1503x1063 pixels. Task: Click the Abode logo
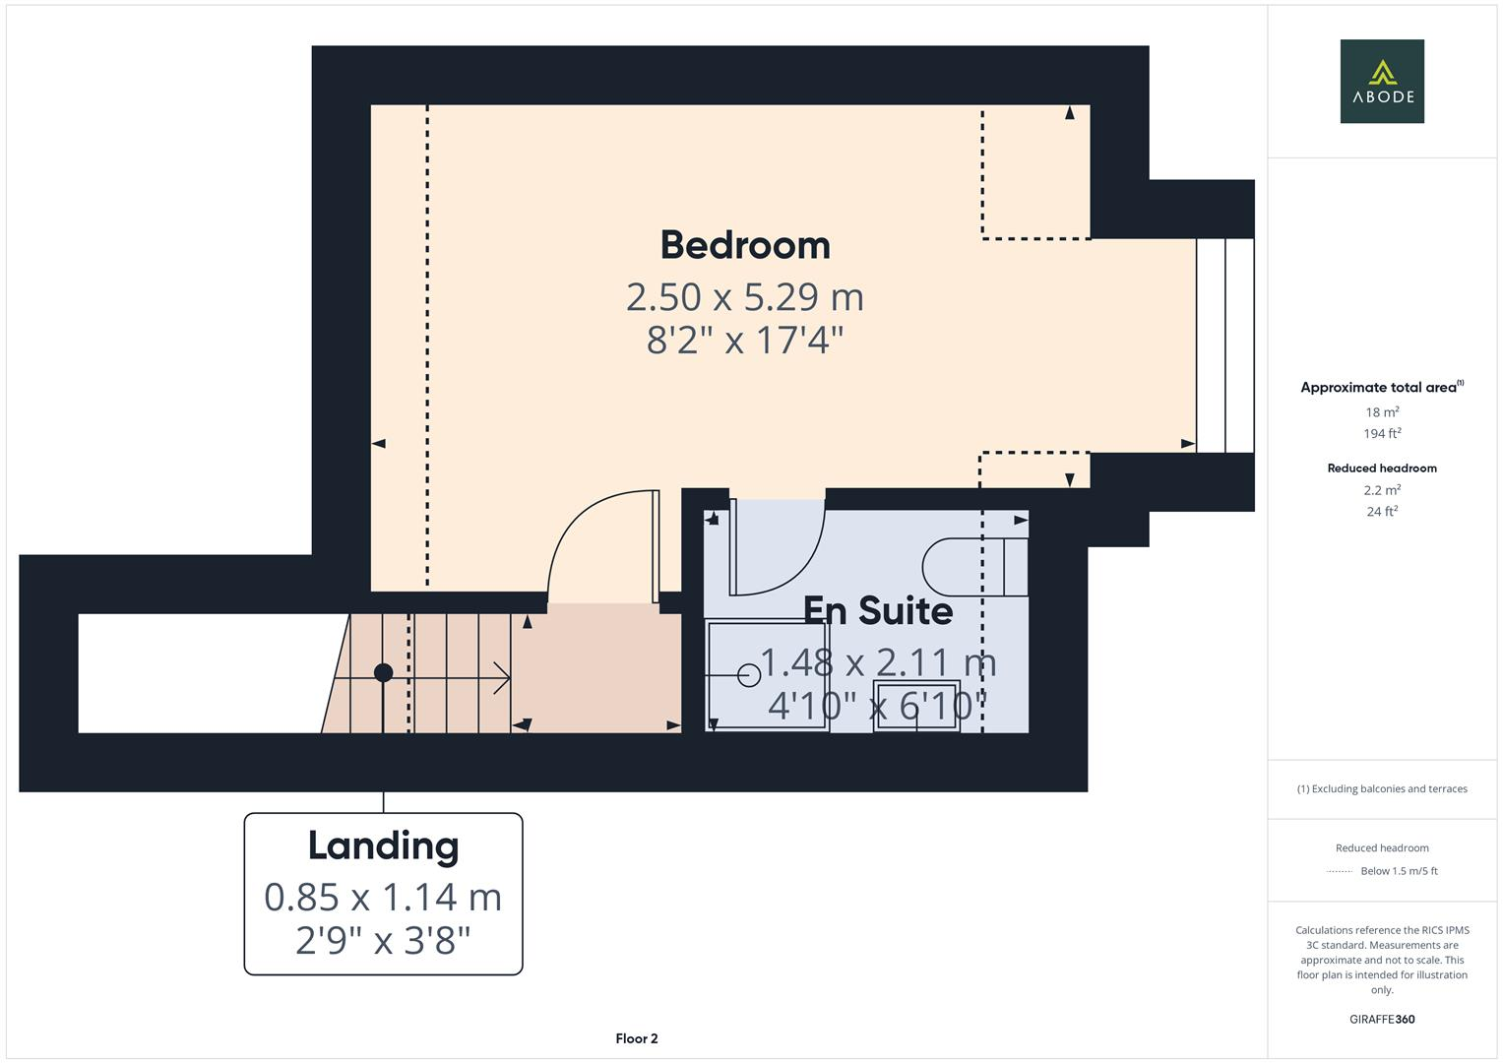pos(1381,81)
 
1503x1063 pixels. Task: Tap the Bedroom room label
pos(745,245)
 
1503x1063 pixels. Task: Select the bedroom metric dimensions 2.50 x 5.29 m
pos(745,296)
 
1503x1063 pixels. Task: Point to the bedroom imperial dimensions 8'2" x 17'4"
pos(745,341)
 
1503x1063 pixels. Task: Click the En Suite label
pos(877,610)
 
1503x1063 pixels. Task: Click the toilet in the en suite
pos(974,567)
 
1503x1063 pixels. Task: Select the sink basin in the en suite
pos(916,705)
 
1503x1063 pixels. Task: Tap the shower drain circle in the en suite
pos(748,674)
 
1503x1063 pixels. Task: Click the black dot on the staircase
pos(384,673)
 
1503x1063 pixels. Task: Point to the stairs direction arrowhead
pos(503,677)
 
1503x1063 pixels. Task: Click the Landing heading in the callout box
pos(383,845)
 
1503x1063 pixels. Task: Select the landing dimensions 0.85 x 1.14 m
pos(383,897)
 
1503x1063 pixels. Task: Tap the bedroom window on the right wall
pos(1224,345)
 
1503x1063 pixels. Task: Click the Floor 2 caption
pos(636,1038)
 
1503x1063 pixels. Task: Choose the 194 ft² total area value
pos(1382,433)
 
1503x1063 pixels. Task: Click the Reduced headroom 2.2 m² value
pos(1382,490)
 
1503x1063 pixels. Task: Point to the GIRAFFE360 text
pos(1382,1019)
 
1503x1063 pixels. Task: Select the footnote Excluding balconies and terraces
pos(1382,788)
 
